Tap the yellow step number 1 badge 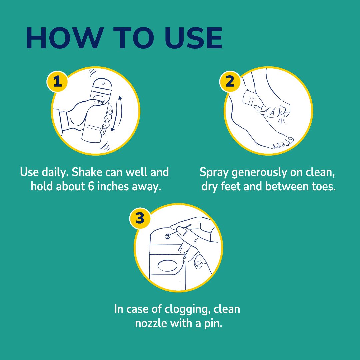tap(57, 81)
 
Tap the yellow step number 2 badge tap(230, 81)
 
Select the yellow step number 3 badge tap(140, 219)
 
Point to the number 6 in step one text tap(91, 186)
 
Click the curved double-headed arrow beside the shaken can tap(117, 113)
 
